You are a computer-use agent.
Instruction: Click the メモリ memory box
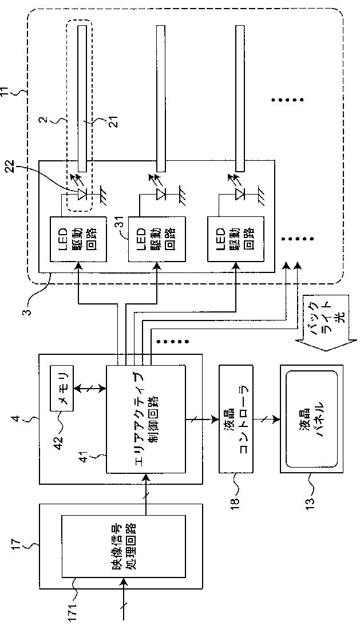point(62,387)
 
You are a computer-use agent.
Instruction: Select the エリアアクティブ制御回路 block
point(146,419)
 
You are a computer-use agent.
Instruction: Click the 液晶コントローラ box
point(236,419)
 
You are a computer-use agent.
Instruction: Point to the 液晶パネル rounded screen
point(311,419)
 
